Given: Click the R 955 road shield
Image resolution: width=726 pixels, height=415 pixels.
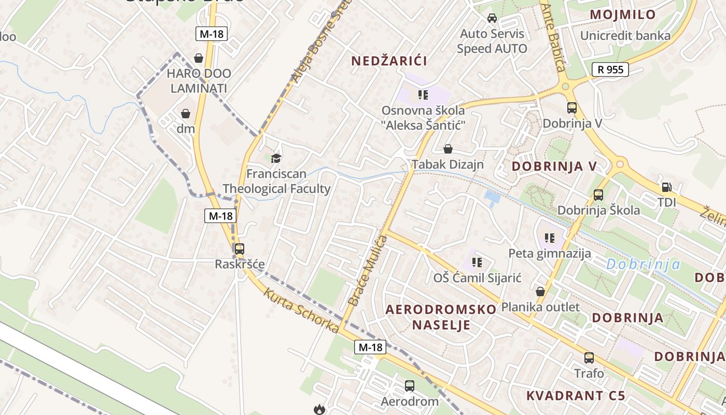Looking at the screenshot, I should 610,70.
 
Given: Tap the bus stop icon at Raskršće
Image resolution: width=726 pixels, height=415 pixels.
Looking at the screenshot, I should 239,249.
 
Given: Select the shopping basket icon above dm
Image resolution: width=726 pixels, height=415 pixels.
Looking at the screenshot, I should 186,114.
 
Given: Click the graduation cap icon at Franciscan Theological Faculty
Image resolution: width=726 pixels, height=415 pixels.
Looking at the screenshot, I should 276,158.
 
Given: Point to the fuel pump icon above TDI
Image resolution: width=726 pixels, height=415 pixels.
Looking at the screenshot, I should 666,187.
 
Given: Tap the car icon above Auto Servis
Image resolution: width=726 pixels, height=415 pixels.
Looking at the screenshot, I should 492,18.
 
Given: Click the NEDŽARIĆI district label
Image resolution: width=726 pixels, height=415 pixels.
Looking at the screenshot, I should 389,61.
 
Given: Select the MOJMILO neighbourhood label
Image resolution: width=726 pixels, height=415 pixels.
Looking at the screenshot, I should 623,15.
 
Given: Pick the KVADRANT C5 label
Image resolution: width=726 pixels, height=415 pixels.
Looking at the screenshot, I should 576,396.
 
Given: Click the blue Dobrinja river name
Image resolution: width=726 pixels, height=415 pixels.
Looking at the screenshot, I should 643,265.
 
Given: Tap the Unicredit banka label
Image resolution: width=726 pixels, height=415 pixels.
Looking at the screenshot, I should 625,36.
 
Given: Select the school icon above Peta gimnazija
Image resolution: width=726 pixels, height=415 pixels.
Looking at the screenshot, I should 550,238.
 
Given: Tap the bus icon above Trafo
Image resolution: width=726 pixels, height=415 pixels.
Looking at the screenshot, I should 589,358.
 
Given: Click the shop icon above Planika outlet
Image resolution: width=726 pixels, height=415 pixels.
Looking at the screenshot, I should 540,292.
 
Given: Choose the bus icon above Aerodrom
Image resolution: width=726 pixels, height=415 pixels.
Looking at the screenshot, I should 410,386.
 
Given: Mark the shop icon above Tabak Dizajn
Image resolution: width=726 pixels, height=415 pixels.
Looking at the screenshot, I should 448,149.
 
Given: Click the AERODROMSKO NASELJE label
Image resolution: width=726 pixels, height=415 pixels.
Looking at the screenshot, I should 441,317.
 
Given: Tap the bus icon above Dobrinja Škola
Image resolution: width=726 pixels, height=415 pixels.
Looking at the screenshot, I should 598,195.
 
